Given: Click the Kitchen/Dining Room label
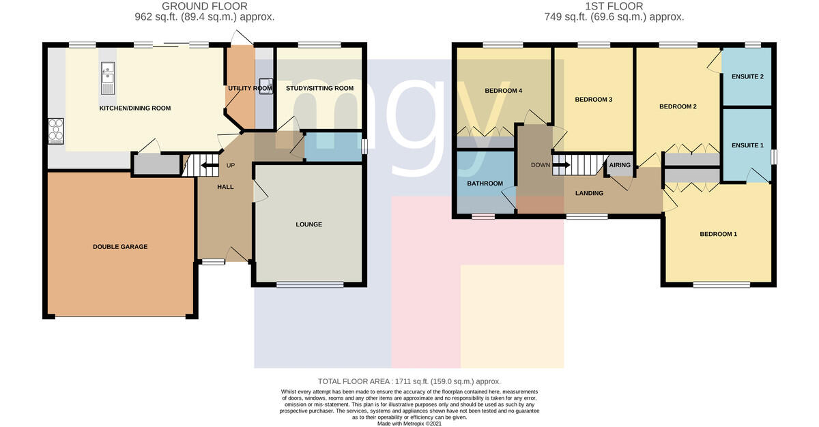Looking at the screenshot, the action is pos(135,108).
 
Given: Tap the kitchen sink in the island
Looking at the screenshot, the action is pos(108,78).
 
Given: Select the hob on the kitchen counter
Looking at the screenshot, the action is pos(56,131).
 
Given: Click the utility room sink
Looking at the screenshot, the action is pos(265,86).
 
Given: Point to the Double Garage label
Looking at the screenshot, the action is pos(120,247).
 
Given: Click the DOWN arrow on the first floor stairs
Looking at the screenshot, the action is pos(561,165).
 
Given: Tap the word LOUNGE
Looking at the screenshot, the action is pos(309,224).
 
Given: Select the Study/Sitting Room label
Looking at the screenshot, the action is pos(319,88).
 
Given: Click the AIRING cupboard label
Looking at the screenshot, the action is pos(620,165).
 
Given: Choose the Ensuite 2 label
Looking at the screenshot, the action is pos(748,76).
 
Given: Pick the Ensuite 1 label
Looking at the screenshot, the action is pos(748,145).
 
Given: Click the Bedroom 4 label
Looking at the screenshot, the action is pos(504,91).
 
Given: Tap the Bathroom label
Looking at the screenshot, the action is pos(485,183).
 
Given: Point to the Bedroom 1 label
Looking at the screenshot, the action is pos(719,234).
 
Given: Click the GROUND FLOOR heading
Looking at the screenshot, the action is pos(204,6).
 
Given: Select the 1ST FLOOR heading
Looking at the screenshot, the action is pos(614,6).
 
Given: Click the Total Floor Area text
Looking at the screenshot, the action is pos(409,381).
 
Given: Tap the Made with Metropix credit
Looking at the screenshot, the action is pos(409,424).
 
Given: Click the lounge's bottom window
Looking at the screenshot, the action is pos(310,284).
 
